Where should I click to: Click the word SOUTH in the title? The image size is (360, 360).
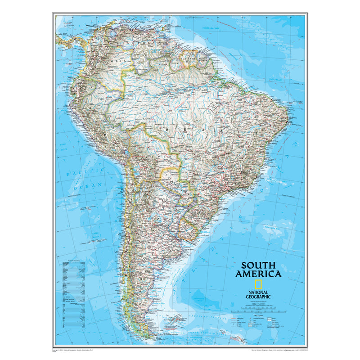pyautogui.click(x=258, y=265)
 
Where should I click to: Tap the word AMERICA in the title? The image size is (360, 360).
pyautogui.click(x=258, y=274)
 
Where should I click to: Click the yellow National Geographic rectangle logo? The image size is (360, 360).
pyautogui.click(x=258, y=284)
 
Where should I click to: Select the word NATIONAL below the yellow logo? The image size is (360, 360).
pyautogui.click(x=258, y=292)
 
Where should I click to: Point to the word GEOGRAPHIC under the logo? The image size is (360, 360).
pyautogui.click(x=258, y=296)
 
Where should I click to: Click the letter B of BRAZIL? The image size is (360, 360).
pyautogui.click(x=168, y=129)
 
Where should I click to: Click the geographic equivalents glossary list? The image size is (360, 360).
pyautogui.click(x=74, y=292)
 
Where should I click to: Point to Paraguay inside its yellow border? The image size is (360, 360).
pyautogui.click(x=171, y=178)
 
